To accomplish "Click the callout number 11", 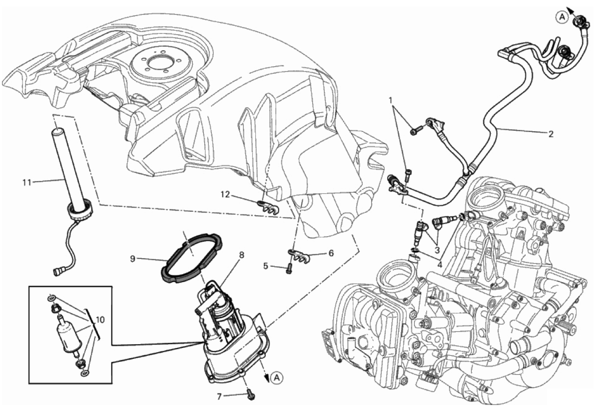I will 27,182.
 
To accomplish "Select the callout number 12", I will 226,194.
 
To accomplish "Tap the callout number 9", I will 133,259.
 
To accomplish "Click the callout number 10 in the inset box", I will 100,320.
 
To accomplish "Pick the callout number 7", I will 219,396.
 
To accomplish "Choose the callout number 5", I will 265,266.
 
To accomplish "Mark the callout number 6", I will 331,253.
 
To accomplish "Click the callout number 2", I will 551,134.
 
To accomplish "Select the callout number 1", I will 390,100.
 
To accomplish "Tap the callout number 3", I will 437,250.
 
